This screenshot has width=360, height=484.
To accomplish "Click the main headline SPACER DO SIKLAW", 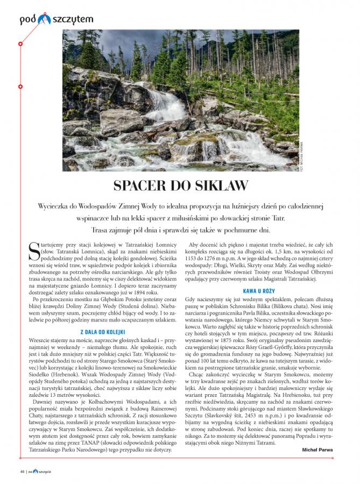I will pos(180,186).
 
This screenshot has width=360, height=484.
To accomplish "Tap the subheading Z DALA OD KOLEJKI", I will pos(102,331).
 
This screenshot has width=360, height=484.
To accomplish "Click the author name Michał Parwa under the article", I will pos(316,449).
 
